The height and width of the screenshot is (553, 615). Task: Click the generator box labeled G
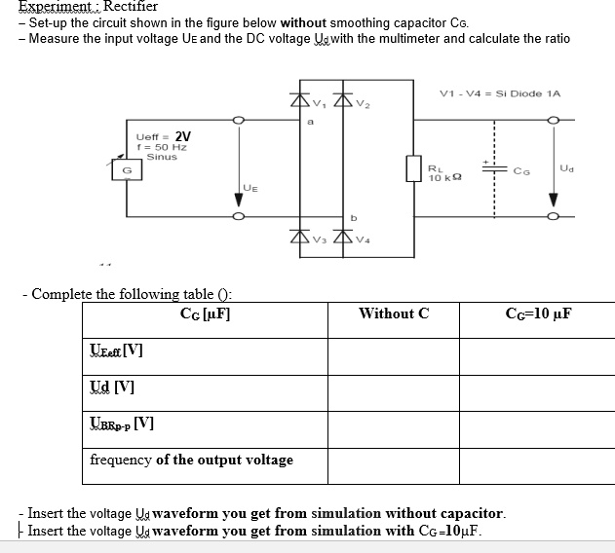point(126,172)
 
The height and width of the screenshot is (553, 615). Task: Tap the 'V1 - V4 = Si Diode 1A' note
point(501,92)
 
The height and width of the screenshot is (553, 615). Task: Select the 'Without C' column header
point(394,313)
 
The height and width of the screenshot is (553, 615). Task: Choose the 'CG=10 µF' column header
point(538,313)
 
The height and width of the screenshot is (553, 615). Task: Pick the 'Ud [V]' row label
point(111,387)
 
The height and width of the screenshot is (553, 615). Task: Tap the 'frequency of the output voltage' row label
point(191,460)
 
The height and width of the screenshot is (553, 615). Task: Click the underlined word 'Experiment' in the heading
point(36,6)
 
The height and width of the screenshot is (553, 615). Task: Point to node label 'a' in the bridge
point(308,123)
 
